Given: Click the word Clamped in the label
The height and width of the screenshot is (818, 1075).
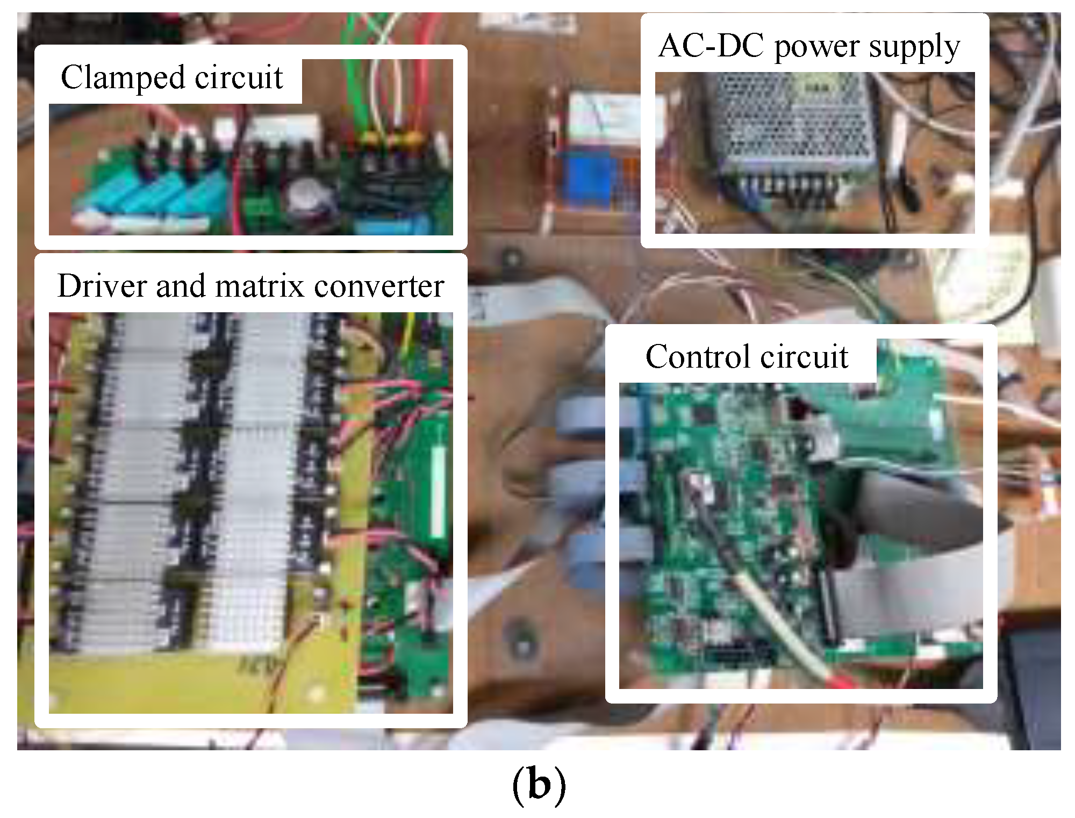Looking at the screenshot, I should click(123, 78).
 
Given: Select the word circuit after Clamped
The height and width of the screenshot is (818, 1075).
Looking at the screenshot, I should click(239, 78).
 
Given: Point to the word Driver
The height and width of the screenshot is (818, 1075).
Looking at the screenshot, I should click(102, 286).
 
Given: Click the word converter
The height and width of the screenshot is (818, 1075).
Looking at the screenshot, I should click(379, 286).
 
